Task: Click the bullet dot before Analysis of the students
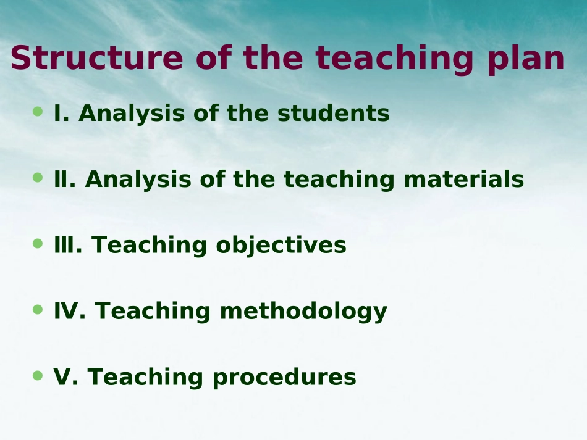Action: (38, 112)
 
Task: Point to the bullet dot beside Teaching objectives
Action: (38, 244)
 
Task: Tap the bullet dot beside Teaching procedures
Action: (38, 375)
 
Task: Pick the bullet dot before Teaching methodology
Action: (38, 309)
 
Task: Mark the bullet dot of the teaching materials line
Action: (38, 178)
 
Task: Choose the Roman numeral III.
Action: (68, 245)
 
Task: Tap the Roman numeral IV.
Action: (69, 311)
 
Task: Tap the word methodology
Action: (303, 312)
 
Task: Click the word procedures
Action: (284, 378)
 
